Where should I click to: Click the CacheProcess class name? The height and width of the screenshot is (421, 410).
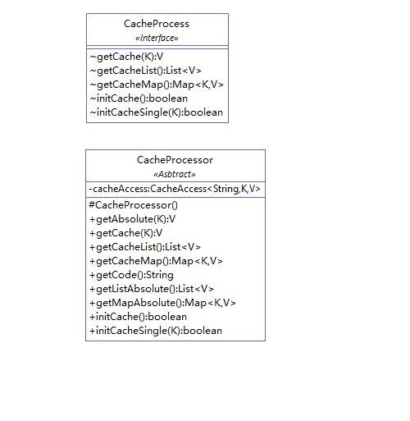157,24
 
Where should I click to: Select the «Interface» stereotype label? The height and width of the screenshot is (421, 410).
157,38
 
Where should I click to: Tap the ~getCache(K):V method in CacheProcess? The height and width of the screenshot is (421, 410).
126,57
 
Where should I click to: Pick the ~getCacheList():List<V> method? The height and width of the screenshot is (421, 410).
146,71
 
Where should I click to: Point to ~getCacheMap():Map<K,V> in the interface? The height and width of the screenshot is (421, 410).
157,85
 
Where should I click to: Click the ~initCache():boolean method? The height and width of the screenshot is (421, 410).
139,98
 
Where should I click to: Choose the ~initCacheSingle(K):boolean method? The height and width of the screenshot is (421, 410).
157,112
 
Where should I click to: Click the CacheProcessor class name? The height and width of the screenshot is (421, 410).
175,160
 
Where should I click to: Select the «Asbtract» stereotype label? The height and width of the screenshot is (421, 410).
175,174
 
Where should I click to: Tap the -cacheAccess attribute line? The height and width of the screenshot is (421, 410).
175,189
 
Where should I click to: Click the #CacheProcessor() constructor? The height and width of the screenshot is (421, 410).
134,205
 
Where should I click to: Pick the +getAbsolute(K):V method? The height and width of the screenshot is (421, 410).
133,219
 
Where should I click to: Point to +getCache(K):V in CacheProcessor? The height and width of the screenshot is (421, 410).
126,233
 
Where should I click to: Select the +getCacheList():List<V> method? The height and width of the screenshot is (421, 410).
145,247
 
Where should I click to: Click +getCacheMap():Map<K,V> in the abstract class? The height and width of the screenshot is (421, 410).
156,261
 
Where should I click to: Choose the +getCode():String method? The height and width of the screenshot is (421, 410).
131,275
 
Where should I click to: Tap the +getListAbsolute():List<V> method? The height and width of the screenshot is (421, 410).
152,289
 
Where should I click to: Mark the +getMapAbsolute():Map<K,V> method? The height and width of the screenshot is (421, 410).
162,303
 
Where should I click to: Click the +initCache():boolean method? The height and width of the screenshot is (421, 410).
139,317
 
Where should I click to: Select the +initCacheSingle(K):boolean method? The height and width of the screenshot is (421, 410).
156,331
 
